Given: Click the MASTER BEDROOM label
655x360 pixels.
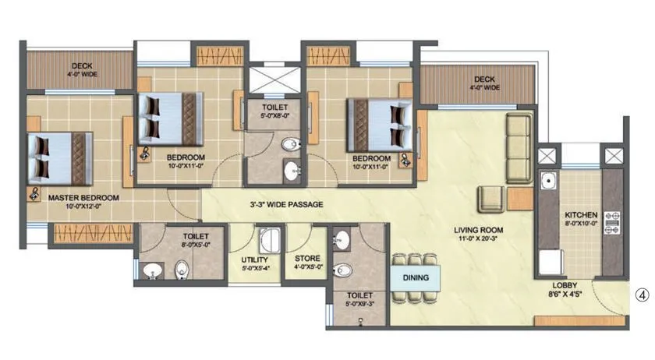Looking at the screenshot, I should point(83,198).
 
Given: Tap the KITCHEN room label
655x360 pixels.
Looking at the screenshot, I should point(581,214).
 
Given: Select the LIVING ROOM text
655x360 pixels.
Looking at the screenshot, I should point(480,230).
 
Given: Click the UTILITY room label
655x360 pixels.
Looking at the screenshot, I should point(255,259).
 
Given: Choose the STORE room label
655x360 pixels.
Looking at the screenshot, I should point(306,259).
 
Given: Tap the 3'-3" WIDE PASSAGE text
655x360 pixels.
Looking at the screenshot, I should point(286,204).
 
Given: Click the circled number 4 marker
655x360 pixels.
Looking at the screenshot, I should point(641,295).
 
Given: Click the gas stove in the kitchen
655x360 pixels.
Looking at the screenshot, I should point(611,221).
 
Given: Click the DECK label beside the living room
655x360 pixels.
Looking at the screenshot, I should point(483,79).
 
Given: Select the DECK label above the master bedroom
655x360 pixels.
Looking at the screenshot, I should point(82,66).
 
